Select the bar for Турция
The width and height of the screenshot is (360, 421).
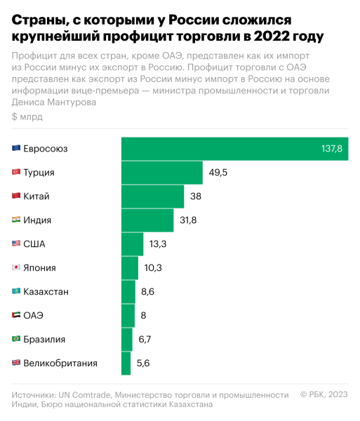click(x=162, y=173)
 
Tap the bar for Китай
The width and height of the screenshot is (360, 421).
click(x=152, y=196)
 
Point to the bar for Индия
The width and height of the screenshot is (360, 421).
click(x=147, y=220)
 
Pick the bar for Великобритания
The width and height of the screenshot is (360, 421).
click(x=126, y=363)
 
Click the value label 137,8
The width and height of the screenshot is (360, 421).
click(x=331, y=149)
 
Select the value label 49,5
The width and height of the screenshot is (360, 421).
click(x=218, y=173)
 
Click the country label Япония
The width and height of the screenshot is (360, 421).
click(x=39, y=267)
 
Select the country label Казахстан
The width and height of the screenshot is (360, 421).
click(x=46, y=291)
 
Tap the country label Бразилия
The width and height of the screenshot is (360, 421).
click(x=44, y=339)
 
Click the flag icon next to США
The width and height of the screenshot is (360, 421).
click(x=16, y=244)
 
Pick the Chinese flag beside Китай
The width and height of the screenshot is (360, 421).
click(x=16, y=196)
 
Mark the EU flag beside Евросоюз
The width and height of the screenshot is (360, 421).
click(x=16, y=149)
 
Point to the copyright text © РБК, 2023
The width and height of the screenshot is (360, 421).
click(x=324, y=394)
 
